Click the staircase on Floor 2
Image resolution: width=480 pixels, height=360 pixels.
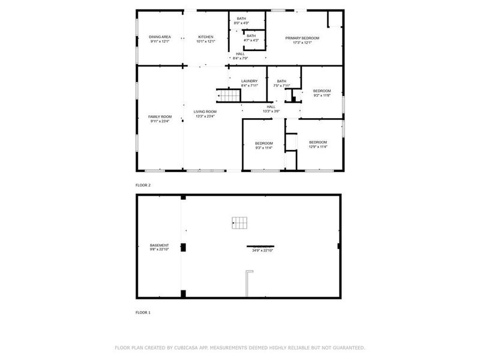[x=227, y=96]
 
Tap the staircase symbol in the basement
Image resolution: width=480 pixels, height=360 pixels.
[x=239, y=222]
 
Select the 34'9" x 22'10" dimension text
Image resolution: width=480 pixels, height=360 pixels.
[x=261, y=250]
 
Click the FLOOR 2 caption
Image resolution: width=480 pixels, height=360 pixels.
[x=143, y=185]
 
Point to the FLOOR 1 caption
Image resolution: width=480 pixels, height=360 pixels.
[x=143, y=313]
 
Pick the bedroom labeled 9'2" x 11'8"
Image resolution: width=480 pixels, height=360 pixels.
[x=322, y=93]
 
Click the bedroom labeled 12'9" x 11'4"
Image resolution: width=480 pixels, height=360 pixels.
[x=317, y=144]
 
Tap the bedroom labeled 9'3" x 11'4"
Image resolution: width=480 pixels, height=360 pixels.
[x=263, y=145]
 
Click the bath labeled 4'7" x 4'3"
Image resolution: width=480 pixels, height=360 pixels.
[x=251, y=38]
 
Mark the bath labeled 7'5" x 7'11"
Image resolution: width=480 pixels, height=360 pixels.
[x=281, y=83]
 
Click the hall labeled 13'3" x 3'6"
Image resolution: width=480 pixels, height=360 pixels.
[x=271, y=109]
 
